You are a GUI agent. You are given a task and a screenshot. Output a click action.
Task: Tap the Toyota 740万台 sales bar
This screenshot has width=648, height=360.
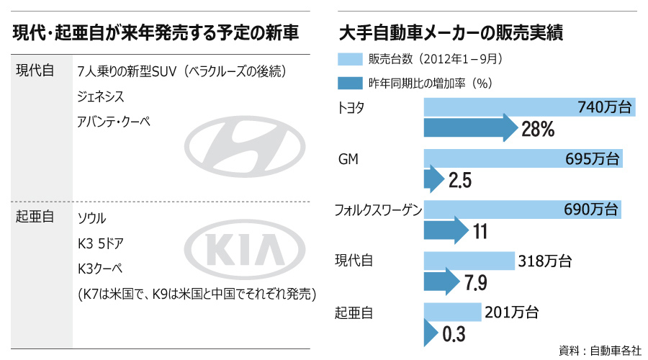(530, 107)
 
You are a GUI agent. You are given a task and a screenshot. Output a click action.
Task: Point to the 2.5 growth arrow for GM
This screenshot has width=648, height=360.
(436, 180)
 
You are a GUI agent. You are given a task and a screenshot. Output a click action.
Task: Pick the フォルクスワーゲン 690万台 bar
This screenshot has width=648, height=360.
(523, 210)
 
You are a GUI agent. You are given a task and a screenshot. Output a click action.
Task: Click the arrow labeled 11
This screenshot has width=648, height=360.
(446, 231)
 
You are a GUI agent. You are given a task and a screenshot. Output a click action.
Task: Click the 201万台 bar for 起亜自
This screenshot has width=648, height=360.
(452, 312)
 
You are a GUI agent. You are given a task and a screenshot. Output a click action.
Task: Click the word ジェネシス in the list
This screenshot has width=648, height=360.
(101, 96)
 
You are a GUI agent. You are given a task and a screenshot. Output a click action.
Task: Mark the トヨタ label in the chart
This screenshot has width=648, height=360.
(351, 109)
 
